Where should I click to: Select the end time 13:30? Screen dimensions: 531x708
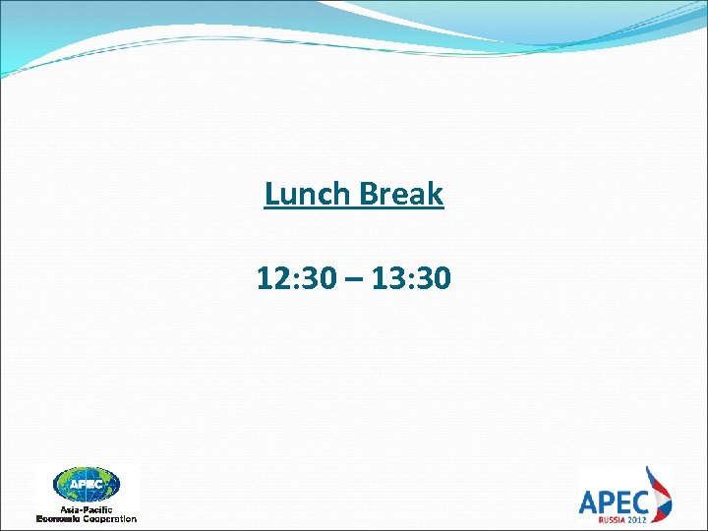[414, 279]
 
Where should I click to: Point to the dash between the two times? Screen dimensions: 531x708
[353, 280]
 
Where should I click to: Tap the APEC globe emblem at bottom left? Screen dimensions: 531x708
[87, 485]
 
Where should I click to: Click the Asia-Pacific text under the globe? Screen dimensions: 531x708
[87, 508]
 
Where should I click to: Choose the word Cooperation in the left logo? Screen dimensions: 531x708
[111, 518]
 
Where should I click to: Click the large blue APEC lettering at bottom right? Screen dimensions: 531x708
[612, 501]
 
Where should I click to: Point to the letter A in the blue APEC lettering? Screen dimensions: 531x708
[588, 501]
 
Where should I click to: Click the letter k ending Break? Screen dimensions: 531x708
[436, 194]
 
